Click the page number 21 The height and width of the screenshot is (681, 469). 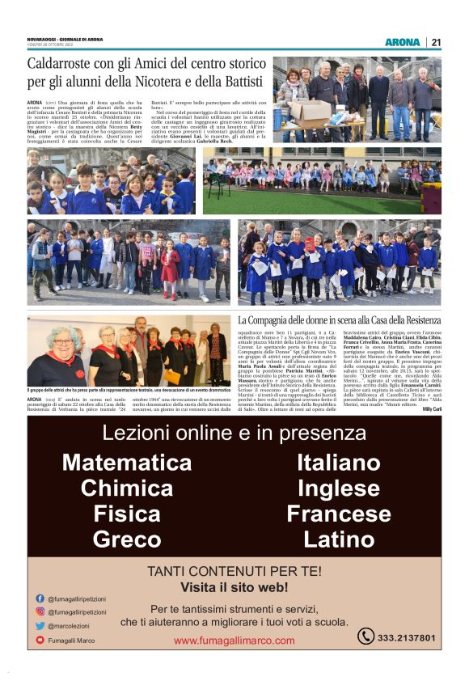436,42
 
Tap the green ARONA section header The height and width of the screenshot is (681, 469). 402,42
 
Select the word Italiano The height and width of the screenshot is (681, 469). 338,463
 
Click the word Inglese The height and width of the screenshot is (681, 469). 338,489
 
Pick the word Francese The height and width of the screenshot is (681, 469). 338,514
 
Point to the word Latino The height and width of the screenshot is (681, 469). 338,539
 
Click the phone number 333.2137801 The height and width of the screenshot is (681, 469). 407,638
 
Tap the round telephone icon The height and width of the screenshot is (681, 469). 365,637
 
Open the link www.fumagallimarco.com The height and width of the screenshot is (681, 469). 234,641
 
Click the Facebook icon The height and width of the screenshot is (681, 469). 40,599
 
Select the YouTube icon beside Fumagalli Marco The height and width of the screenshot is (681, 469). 40,640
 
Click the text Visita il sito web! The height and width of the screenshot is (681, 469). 234,586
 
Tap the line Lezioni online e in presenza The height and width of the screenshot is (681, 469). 234,434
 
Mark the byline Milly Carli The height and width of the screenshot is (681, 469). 431,409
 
